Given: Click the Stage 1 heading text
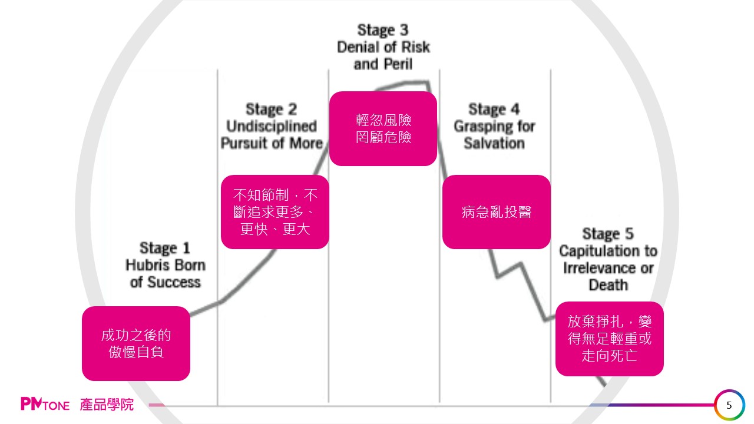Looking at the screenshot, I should coord(165,248).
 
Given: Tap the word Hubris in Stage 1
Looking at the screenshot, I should coord(144,265).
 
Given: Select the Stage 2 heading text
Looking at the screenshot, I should coord(271,110).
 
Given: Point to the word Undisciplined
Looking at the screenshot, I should coord(271,127).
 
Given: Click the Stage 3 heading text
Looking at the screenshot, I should coord(383,30).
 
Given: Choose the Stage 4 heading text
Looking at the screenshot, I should coord(494,110).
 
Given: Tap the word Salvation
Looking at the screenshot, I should coord(494,143).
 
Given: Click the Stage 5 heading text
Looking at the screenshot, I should coord(608,234).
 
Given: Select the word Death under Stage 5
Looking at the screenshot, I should coord(608,286).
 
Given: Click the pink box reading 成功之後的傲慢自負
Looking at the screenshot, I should coord(135,343).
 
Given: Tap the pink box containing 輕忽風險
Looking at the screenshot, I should coord(383,128).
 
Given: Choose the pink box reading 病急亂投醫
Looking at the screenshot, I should coord(496,212).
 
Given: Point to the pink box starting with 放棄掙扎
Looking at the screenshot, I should coord(609,339).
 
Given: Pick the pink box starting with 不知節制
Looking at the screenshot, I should coord(275,212).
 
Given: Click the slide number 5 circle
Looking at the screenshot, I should coord(729,405).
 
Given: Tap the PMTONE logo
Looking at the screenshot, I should coord(45,405).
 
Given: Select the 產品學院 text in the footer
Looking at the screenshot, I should coord(107,405).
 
